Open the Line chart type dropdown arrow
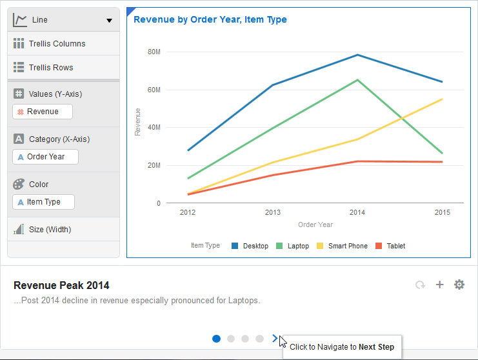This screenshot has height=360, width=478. click(109, 21)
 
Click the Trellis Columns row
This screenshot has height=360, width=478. click(57, 44)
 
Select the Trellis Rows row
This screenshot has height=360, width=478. click(51, 68)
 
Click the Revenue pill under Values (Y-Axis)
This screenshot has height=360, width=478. click(43, 112)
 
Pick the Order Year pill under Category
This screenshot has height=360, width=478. click(45, 157)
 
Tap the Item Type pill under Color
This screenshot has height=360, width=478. click(43, 202)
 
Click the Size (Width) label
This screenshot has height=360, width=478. click(50, 230)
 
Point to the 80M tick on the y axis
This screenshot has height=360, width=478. click(154, 52)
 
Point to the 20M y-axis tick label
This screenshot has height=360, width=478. click(154, 166)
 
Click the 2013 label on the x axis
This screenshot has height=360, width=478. click(273, 212)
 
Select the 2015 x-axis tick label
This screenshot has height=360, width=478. click(443, 212)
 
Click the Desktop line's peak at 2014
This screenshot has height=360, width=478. click(357, 55)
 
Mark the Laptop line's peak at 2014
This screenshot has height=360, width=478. click(357, 80)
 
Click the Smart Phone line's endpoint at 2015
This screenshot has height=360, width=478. click(443, 99)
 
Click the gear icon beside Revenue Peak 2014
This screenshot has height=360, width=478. click(459, 285)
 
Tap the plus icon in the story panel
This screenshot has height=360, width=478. click(440, 285)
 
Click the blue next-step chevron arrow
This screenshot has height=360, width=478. click(275, 338)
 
